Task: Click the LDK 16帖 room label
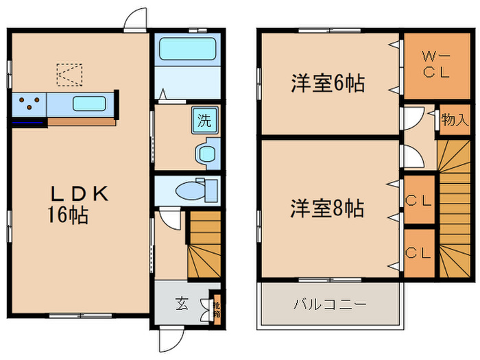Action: coord(77,204)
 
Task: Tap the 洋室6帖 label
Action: coord(327,84)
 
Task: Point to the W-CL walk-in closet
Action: coord(435,65)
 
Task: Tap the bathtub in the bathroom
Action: coord(187,49)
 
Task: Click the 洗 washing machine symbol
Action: coord(204,120)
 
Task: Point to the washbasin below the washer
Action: coord(206,153)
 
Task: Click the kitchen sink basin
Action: coord(89,105)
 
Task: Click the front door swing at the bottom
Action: coord(170,339)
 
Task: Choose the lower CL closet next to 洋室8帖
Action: coord(418,251)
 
